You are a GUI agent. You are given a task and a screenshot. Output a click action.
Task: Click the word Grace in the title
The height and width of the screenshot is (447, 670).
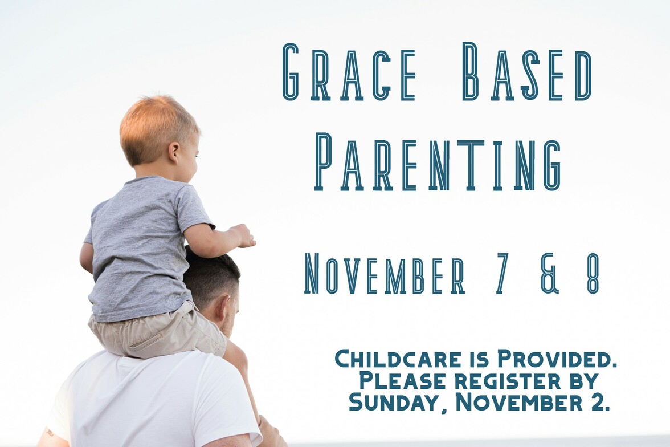349,72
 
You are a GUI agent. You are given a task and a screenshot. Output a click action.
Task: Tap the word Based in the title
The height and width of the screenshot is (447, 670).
527,72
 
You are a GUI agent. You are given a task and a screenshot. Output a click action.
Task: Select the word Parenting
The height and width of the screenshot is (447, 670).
438,161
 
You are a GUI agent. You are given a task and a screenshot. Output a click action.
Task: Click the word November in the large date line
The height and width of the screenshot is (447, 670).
385,274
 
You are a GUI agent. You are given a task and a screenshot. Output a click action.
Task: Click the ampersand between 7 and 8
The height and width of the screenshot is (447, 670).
550,274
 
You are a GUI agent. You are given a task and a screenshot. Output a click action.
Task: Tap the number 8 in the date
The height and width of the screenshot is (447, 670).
593,274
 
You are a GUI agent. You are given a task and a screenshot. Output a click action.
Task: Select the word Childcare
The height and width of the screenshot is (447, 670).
398,359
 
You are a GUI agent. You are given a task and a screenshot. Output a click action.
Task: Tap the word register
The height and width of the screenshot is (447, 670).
508,381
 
